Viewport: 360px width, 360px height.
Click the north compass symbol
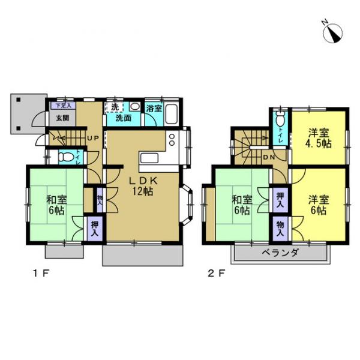click(x=332, y=32)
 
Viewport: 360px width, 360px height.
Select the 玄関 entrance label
click(x=62, y=118)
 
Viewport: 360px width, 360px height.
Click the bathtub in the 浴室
click(x=172, y=114)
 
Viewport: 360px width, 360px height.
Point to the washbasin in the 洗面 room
click(x=134, y=107)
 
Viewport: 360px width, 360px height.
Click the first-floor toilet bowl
click(x=63, y=157)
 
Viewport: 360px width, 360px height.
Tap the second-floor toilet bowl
click(x=280, y=119)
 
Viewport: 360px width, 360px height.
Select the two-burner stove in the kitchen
click(x=172, y=140)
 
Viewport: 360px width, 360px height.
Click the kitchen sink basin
click(x=149, y=158)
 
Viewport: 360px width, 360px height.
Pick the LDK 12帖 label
click(x=143, y=186)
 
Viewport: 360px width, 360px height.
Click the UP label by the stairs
click(x=93, y=139)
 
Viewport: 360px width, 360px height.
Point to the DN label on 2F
click(x=269, y=157)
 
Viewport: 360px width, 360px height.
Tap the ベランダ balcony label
click(x=280, y=253)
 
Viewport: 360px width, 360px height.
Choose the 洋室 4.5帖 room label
click(x=318, y=138)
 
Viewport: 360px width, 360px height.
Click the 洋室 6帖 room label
click(x=319, y=205)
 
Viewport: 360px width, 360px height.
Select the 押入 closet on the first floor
click(x=95, y=229)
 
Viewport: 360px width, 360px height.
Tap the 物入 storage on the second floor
click(x=280, y=229)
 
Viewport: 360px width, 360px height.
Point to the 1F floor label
click(x=41, y=274)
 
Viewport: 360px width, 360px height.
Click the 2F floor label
click(x=216, y=274)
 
